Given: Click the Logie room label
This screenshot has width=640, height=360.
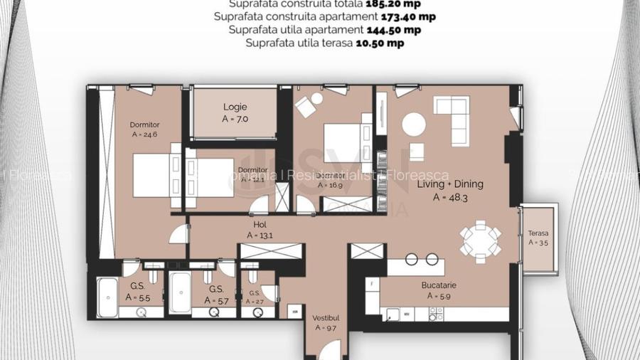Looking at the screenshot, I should (x=235, y=107).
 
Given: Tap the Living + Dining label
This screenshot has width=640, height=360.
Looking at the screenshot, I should (x=449, y=184).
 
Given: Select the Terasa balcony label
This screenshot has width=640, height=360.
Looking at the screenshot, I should (x=538, y=233).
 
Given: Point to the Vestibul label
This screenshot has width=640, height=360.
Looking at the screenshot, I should (x=326, y=318).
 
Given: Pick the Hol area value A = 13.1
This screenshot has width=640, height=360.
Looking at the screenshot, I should (x=260, y=235).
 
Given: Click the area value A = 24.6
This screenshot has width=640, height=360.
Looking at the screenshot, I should (x=145, y=134).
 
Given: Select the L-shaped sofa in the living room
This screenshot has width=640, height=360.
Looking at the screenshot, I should (x=452, y=118).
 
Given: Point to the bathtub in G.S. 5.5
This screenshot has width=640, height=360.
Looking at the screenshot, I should (x=107, y=293).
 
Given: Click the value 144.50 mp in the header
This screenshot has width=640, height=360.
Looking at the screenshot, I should (x=393, y=30).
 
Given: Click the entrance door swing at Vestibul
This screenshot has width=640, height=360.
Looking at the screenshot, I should (x=329, y=351).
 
